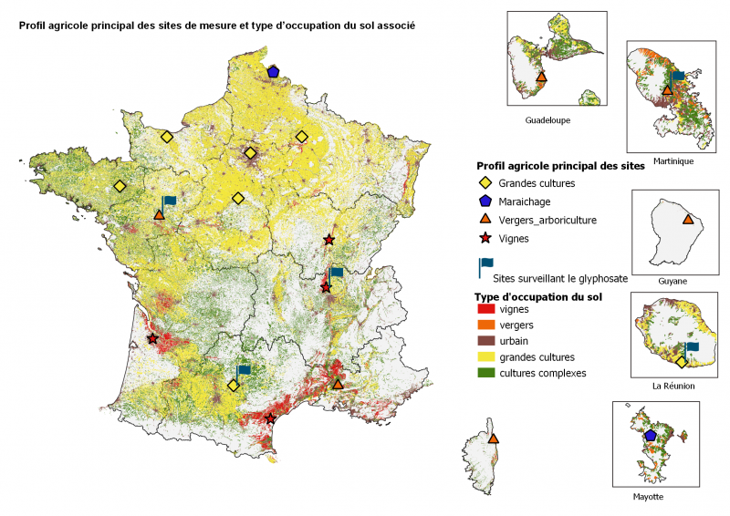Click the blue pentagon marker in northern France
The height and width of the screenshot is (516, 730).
click(x=273, y=71)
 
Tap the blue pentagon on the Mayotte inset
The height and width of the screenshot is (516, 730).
click(x=651, y=435)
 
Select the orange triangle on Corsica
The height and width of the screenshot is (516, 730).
click(x=494, y=439)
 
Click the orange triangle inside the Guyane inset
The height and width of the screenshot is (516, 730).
click(x=688, y=220)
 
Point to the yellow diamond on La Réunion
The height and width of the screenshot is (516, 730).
click(x=681, y=362)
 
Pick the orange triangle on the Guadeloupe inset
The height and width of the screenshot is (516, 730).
click(x=541, y=77)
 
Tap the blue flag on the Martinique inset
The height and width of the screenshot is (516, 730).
click(x=677, y=77)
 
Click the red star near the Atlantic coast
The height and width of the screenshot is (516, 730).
click(x=152, y=339)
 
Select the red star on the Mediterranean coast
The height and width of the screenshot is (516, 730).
click(x=270, y=418)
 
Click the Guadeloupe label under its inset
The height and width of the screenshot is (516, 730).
click(x=549, y=120)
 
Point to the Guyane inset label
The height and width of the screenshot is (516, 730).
click(x=673, y=281)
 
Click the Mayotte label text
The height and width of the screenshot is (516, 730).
click(x=648, y=497)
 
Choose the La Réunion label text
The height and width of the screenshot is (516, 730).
click(x=673, y=386)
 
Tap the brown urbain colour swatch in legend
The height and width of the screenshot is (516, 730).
click(x=485, y=341)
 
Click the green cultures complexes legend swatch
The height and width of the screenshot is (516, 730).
click(x=485, y=373)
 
